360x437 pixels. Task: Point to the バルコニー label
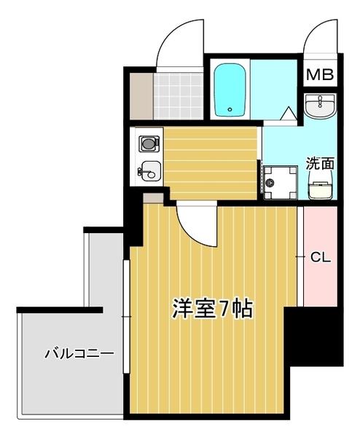[79, 355]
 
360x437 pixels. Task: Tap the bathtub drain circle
[230, 111]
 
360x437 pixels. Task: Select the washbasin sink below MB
[318, 107]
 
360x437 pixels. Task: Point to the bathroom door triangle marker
[289, 114]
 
